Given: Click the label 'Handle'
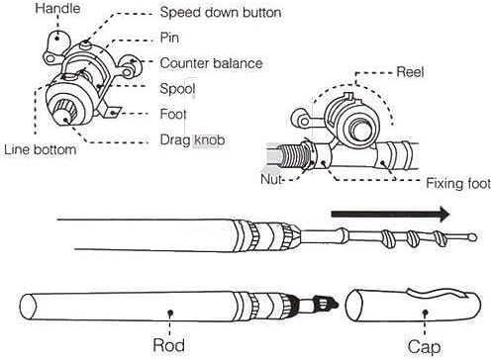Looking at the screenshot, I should tap(29, 9).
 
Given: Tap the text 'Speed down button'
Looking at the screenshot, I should tap(219, 13).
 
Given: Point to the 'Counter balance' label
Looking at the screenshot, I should tap(211, 63).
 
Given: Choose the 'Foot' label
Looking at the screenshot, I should tap(174, 114).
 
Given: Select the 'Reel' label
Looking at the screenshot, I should tap(410, 73).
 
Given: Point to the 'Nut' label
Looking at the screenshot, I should tap(274, 182).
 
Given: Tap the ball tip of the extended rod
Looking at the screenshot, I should tap(471, 235).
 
